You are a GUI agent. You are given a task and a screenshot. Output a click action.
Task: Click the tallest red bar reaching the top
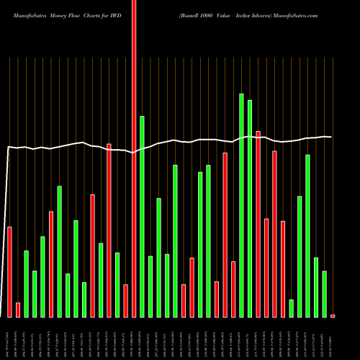(134, 158)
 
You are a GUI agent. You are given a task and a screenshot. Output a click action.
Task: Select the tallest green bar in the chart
(241, 205)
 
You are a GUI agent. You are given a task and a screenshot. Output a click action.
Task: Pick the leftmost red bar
(10, 271)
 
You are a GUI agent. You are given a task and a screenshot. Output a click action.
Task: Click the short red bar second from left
(18, 310)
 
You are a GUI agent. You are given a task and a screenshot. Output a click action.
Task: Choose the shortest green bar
(291, 308)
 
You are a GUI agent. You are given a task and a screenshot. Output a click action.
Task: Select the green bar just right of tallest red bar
(143, 216)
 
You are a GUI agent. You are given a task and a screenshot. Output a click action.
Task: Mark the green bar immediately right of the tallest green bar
(250, 209)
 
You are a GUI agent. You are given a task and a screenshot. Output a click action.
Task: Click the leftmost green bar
(27, 284)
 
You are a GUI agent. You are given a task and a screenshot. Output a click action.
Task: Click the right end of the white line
(330, 137)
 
